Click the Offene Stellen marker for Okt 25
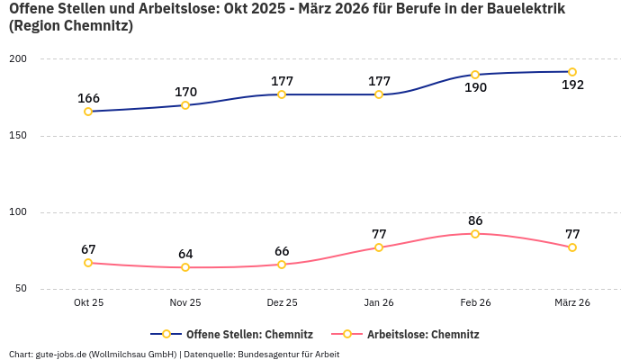click(88, 112)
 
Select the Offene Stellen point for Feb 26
click(475, 75)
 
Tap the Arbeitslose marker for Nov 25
click(185, 267)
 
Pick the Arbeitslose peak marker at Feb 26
click(475, 234)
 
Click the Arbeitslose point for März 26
click(572, 247)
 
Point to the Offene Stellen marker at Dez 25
click(282, 94)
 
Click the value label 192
click(572, 85)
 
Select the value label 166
click(88, 98)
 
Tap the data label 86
click(475, 220)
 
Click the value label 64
click(185, 254)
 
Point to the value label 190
click(475, 88)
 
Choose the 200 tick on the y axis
click(18, 59)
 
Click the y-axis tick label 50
click(21, 289)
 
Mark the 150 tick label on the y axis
click(18, 136)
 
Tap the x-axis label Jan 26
click(379, 303)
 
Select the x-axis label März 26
click(572, 303)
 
